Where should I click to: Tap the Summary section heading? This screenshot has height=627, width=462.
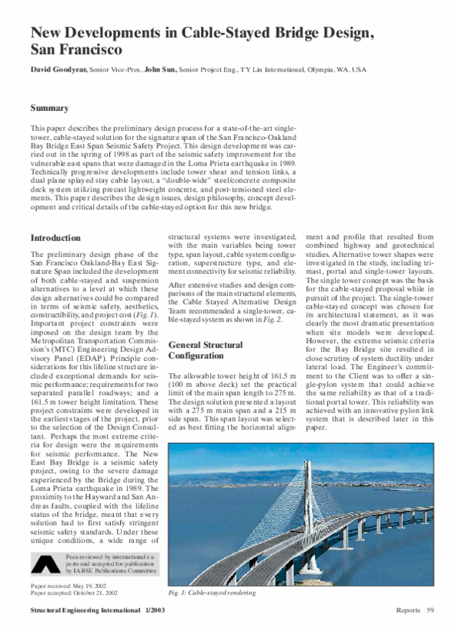click(49, 108)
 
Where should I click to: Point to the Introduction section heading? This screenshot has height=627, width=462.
click(55, 238)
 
